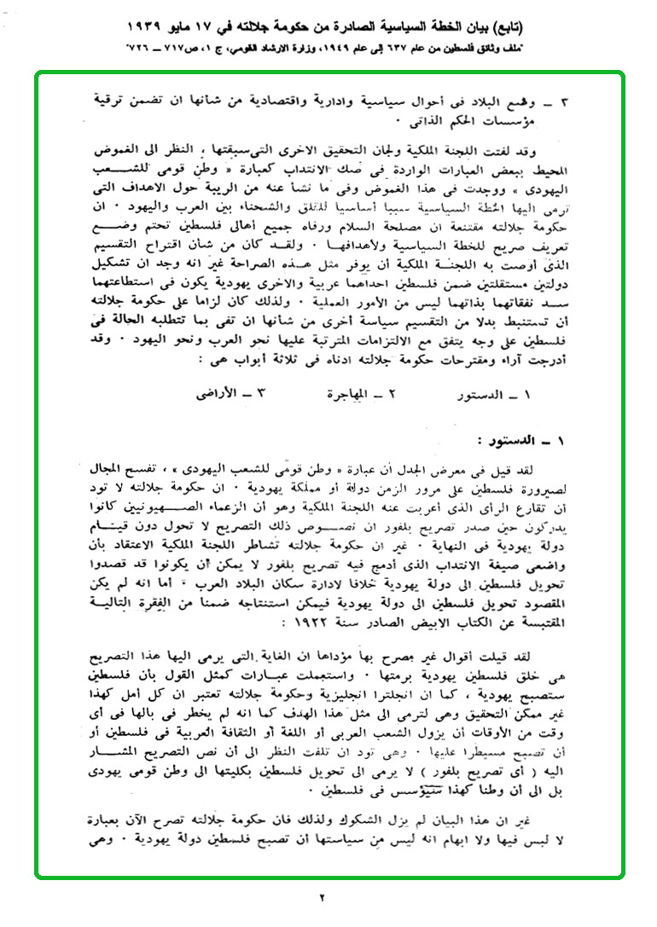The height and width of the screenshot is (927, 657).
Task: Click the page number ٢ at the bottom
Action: click(323, 897)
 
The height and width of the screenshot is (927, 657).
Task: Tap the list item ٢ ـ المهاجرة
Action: click(362, 396)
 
